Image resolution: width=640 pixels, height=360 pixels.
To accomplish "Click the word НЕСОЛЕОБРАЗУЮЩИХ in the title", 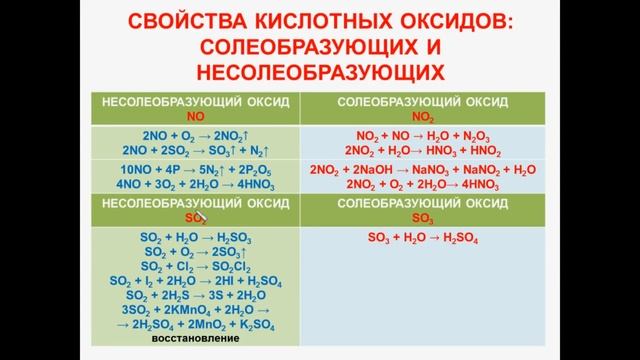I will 320,71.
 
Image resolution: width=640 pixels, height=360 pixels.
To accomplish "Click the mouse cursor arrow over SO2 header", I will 199,214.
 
